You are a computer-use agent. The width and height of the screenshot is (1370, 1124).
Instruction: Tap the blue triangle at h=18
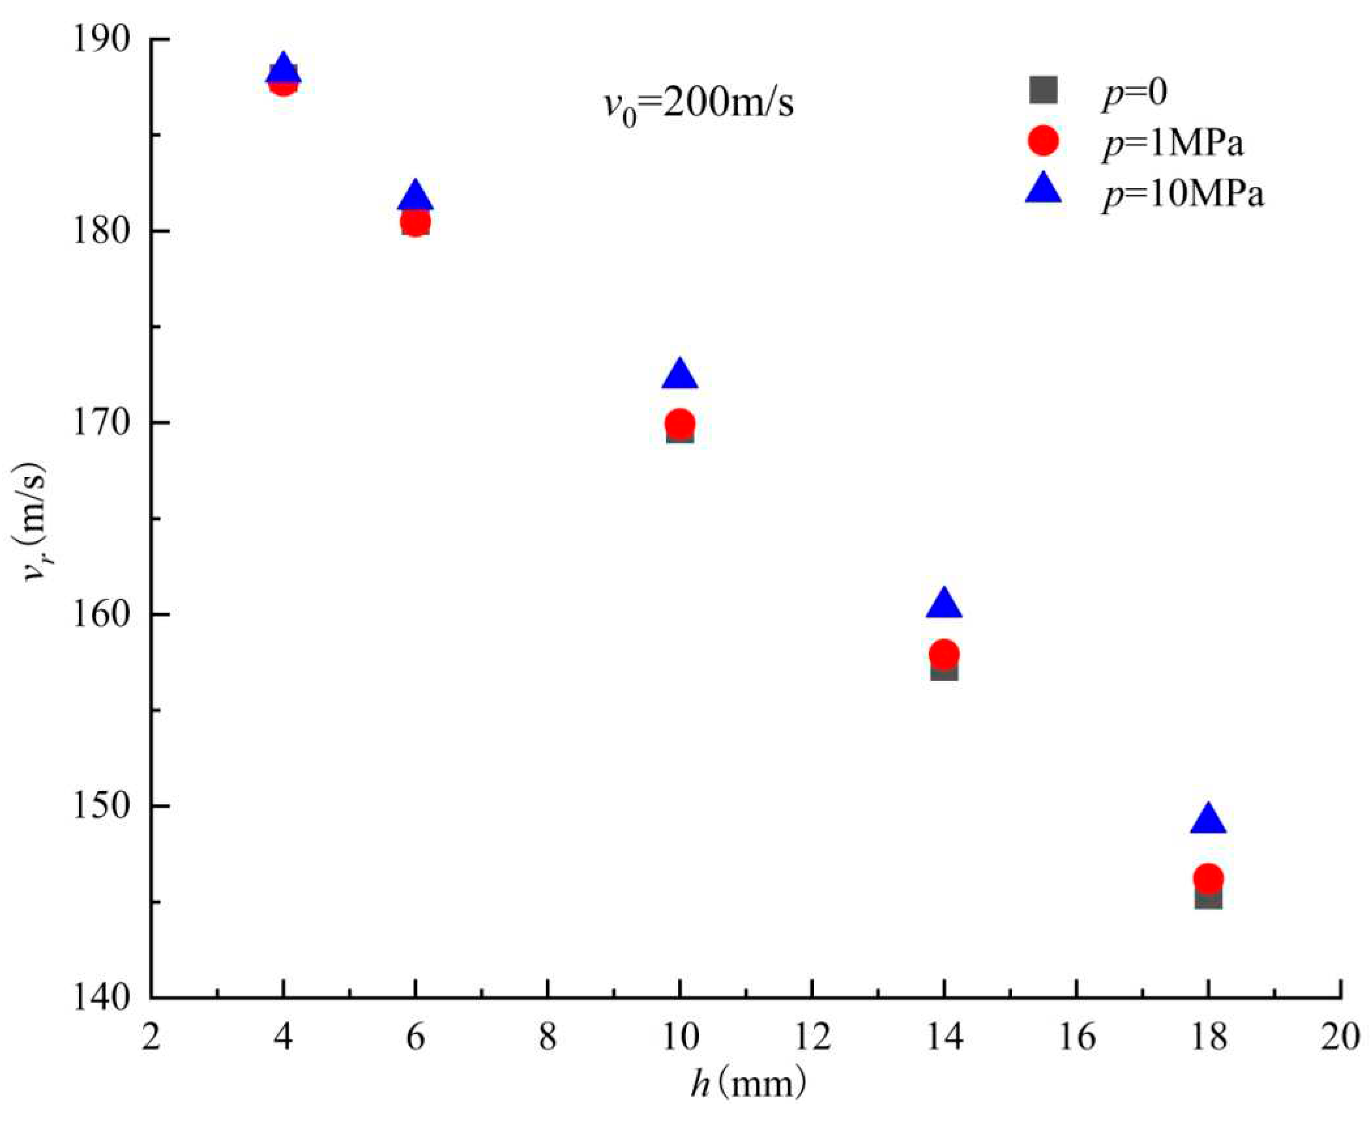click(1208, 820)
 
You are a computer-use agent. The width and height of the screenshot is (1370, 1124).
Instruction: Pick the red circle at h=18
click(1208, 878)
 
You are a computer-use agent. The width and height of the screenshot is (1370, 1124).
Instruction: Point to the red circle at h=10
click(679, 423)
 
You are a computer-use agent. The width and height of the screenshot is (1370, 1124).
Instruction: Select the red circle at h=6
click(416, 222)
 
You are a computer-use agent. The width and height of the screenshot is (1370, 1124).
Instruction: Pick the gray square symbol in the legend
click(1043, 90)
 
